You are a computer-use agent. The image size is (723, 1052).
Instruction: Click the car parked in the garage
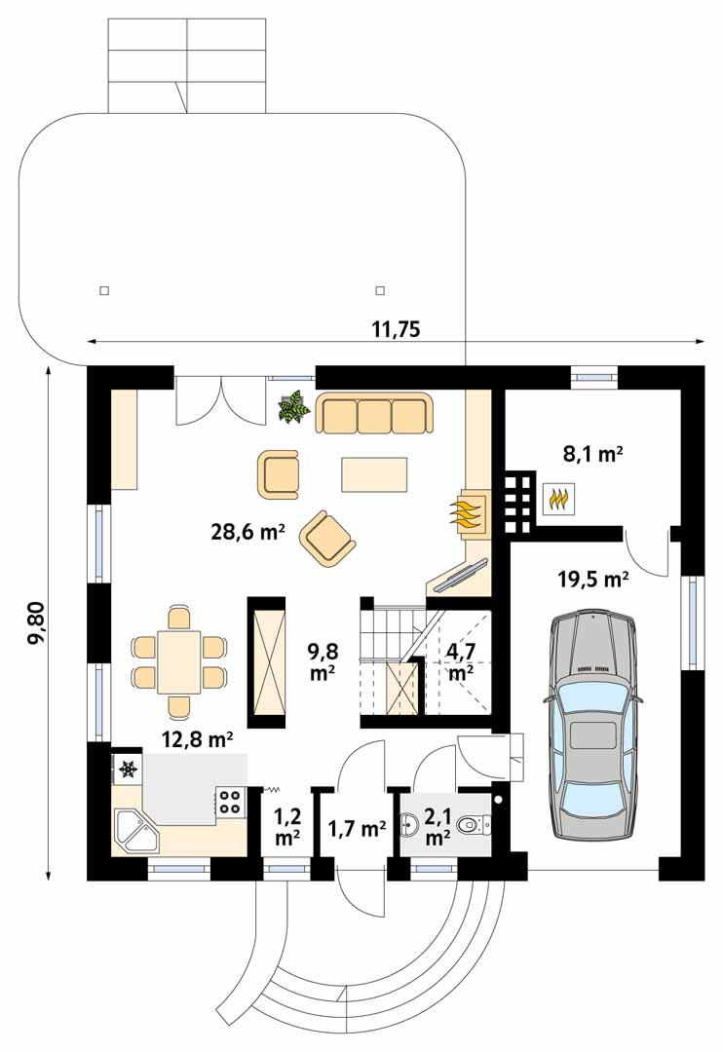click(x=591, y=724)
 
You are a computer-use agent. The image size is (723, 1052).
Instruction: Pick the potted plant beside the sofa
click(x=293, y=408)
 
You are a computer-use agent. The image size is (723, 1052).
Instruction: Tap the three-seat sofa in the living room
click(x=374, y=414)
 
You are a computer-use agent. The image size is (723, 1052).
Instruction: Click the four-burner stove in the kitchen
click(x=230, y=801)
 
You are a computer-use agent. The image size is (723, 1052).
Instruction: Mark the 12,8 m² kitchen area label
click(x=197, y=739)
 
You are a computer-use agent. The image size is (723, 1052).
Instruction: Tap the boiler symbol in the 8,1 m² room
click(x=557, y=499)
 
